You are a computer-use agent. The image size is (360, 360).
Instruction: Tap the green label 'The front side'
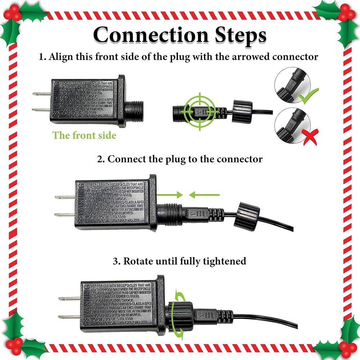[x=84, y=135]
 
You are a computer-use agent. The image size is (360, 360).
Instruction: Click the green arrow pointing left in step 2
[x=204, y=195]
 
